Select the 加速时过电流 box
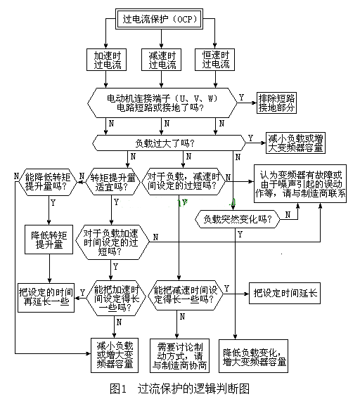click(x=108, y=60)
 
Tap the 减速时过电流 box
click(x=162, y=60)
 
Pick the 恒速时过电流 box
click(x=216, y=60)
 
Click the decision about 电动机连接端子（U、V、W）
click(x=162, y=103)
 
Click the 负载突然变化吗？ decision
click(x=238, y=218)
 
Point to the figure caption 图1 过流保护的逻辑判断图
click(x=179, y=388)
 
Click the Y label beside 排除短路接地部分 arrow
click(x=242, y=96)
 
